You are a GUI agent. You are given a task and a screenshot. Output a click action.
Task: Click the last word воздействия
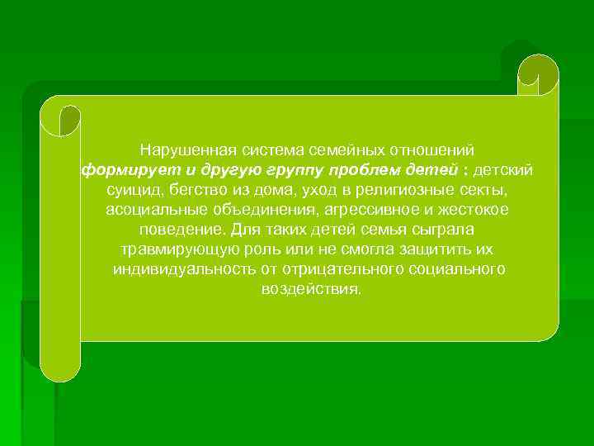[x=311, y=289]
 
